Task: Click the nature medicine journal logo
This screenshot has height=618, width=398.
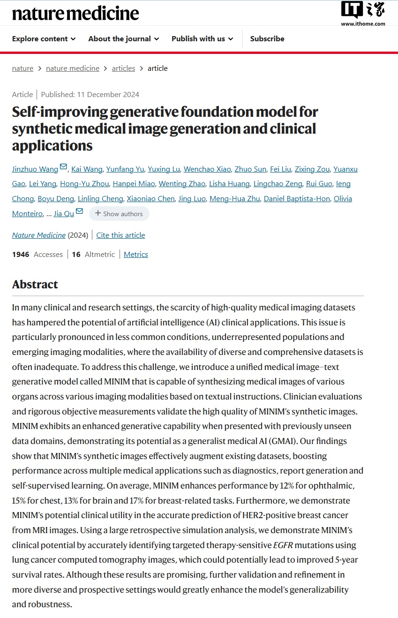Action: click(x=75, y=13)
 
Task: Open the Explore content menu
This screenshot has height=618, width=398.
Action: click(x=44, y=38)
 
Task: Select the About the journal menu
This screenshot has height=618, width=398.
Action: click(x=123, y=38)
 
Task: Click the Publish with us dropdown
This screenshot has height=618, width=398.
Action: click(x=202, y=38)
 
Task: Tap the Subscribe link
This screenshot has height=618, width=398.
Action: click(x=267, y=38)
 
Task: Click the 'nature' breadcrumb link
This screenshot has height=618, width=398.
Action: click(x=23, y=68)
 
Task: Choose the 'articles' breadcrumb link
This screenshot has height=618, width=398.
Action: click(x=123, y=68)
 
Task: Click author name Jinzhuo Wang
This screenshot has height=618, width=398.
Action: click(x=35, y=169)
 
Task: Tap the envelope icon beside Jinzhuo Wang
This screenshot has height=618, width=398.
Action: click(x=64, y=167)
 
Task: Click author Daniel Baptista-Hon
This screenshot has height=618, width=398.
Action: click(x=297, y=198)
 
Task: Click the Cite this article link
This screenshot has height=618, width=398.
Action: click(x=120, y=235)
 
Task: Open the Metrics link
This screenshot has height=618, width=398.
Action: click(x=136, y=254)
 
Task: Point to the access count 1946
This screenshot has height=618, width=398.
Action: click(x=21, y=254)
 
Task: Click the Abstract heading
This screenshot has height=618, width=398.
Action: click(x=35, y=284)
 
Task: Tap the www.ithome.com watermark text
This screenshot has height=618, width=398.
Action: click(x=363, y=24)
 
